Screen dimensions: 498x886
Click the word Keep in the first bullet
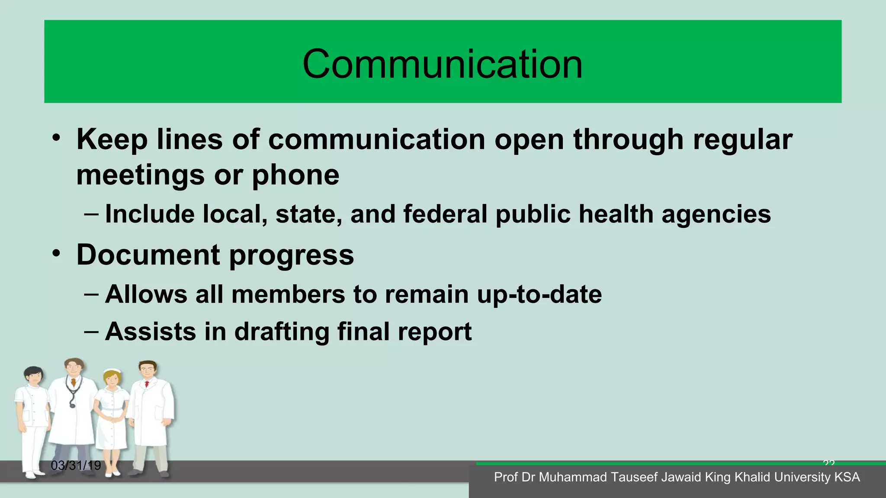[x=112, y=140]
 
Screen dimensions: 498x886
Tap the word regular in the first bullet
[x=742, y=140]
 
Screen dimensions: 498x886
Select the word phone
[x=295, y=176]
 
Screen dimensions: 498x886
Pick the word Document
[x=148, y=255]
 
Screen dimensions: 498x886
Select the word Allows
[x=146, y=294]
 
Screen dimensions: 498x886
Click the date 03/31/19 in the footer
[x=76, y=466]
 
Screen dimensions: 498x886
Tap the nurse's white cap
[x=112, y=371]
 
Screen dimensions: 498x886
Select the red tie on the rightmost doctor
[x=147, y=384]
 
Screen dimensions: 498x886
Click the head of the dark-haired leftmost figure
[x=33, y=375]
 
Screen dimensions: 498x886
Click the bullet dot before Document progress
[x=56, y=254]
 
